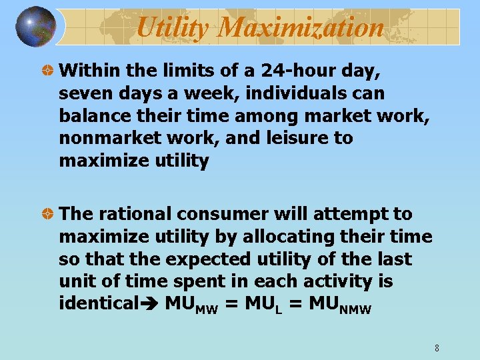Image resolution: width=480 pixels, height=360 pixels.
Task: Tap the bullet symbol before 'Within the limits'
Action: click(x=49, y=69)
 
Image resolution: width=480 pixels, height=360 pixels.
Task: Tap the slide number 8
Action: click(x=436, y=347)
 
